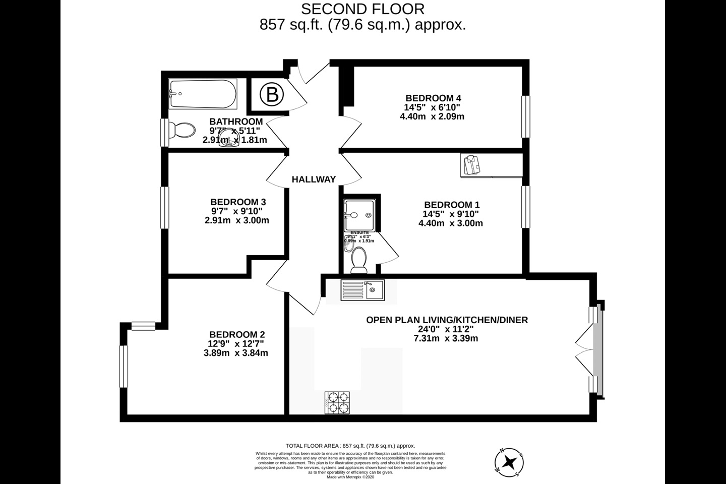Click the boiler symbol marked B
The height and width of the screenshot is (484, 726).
(272, 94)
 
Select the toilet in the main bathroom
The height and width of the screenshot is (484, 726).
(181, 131)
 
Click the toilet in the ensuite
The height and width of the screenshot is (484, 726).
(359, 258)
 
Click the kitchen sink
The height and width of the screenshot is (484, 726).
(362, 290)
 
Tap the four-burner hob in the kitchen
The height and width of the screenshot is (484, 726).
(337, 403)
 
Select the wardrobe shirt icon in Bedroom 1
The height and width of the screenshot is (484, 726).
(471, 165)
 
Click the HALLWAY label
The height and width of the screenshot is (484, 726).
(314, 179)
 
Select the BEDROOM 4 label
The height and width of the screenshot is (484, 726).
(433, 98)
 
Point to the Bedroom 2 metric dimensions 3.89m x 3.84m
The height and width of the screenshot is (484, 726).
(235, 353)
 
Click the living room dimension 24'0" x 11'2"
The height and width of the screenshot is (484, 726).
(446, 329)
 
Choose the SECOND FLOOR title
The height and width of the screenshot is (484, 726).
(362, 9)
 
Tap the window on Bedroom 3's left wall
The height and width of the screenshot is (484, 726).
(164, 207)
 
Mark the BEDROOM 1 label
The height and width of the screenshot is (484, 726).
(451, 205)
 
